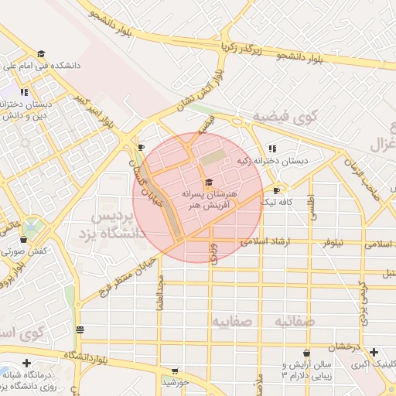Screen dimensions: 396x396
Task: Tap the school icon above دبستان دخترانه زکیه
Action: pyautogui.click(x=271, y=148)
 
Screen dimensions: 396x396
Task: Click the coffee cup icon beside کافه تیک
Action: pyautogui.click(x=276, y=189)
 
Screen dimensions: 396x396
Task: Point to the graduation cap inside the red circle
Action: pyautogui.click(x=209, y=181)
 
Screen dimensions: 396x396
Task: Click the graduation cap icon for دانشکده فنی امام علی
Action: pyautogui.click(x=40, y=54)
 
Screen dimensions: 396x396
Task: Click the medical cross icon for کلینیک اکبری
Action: pyautogui.click(x=374, y=352)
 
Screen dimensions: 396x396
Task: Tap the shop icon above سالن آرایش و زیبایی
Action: pyautogui.click(x=306, y=353)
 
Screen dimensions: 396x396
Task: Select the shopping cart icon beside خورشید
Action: pyautogui.click(x=175, y=371)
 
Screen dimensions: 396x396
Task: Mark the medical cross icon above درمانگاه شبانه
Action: pyautogui.click(x=27, y=363)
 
